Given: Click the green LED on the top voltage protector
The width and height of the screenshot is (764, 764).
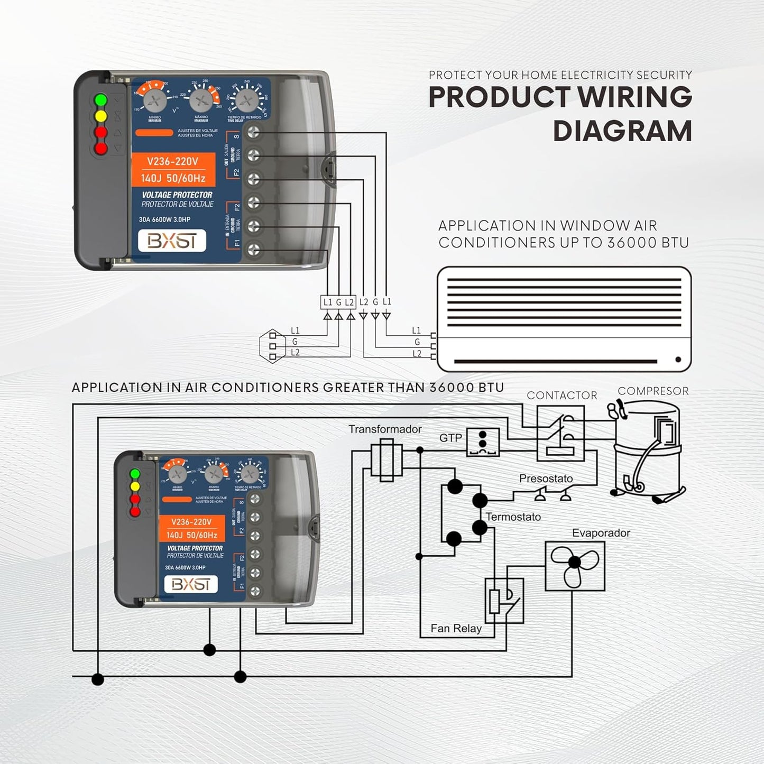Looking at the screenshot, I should pyautogui.click(x=100, y=99).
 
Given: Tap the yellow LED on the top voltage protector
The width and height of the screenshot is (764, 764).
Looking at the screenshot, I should pyautogui.click(x=100, y=116).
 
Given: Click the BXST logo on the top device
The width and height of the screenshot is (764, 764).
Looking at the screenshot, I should pyautogui.click(x=172, y=241).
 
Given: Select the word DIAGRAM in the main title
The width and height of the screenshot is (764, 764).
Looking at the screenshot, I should pyautogui.click(x=622, y=131).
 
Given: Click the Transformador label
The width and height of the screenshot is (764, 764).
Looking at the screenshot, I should pyautogui.click(x=385, y=429).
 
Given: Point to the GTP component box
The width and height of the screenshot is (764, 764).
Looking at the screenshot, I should pyautogui.click(x=483, y=443).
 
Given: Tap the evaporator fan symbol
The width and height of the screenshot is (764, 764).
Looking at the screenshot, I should pyautogui.click(x=575, y=565).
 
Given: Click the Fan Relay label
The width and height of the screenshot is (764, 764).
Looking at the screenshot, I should pyautogui.click(x=456, y=629).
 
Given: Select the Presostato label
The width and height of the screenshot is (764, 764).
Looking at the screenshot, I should pyautogui.click(x=546, y=478).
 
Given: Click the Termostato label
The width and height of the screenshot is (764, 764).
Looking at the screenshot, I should pyautogui.click(x=513, y=517).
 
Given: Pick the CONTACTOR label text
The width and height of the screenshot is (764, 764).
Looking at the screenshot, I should pyautogui.click(x=562, y=395).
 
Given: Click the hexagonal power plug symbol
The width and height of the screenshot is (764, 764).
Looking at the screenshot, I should pyautogui.click(x=273, y=346).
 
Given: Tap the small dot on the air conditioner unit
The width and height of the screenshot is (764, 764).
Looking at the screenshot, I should pyautogui.click(x=678, y=360).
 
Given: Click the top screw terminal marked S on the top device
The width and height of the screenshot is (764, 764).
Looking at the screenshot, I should pyautogui.click(x=254, y=132).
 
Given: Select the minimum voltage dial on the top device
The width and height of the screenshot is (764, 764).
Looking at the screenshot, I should pyautogui.click(x=155, y=99).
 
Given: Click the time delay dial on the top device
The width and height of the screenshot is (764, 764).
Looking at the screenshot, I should pyautogui.click(x=247, y=99).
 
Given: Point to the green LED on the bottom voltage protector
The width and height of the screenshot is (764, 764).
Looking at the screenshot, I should pyautogui.click(x=135, y=474).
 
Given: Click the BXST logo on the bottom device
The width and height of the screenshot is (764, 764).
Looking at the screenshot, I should pyautogui.click(x=191, y=584).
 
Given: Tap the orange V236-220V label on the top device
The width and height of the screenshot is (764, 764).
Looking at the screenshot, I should pyautogui.click(x=173, y=161).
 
